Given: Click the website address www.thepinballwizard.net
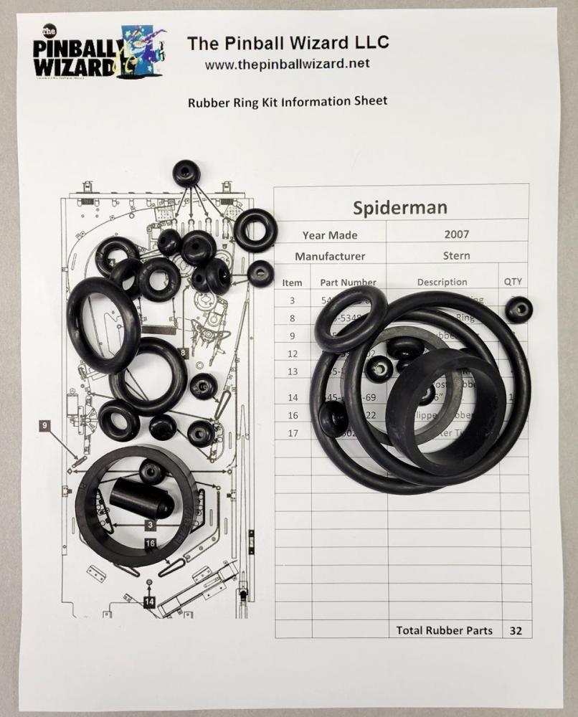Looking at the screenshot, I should (287, 64).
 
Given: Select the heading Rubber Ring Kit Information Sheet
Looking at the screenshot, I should (287, 101).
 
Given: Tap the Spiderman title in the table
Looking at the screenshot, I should (400, 207).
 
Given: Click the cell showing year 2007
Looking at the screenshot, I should (457, 234).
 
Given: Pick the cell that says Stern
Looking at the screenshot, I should (457, 255).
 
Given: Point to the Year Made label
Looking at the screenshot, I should (329, 235).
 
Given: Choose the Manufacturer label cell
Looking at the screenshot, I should (329, 256).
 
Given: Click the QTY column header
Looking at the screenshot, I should (513, 282).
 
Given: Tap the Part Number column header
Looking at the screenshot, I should (348, 282).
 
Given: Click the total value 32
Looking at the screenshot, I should (515, 630).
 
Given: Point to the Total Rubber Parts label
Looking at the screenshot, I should (444, 630).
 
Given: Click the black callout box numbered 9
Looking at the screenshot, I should (45, 426).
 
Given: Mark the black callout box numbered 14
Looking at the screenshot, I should (149, 602).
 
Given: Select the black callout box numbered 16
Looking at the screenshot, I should (151, 543).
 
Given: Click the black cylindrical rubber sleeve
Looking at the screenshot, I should (141, 498).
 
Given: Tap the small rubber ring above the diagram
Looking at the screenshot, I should (186, 173).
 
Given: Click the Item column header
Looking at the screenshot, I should (292, 282).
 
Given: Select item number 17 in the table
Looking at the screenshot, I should (292, 433).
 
